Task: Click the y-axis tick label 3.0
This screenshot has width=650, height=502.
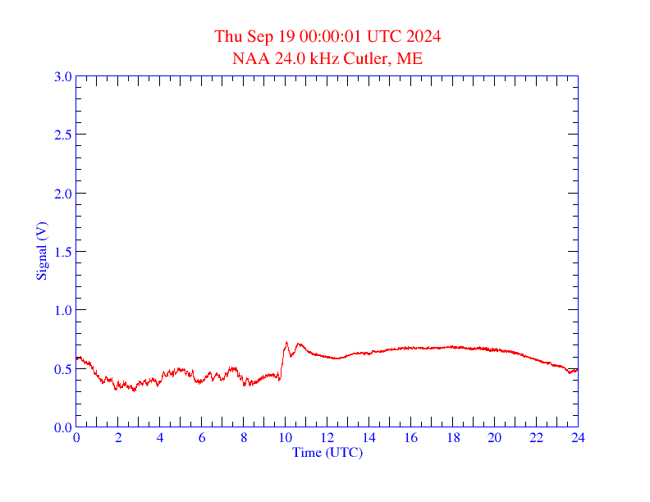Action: (62, 76)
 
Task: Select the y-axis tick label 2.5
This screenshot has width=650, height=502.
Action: (62, 135)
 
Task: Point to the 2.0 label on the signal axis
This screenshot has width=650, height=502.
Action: (62, 194)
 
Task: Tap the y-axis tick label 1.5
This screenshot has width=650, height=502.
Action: (62, 252)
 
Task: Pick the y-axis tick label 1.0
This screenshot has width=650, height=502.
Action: (62, 310)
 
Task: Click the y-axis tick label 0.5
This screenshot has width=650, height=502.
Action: (62, 369)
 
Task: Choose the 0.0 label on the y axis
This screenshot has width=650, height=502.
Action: (62, 427)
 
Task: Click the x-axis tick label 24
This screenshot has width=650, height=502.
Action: (578, 439)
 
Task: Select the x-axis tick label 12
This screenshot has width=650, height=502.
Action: (327, 439)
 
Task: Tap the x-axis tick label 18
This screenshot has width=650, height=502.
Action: (452, 439)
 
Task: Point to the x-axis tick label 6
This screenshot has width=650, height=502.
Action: (202, 439)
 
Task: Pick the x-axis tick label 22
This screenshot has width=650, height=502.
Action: (536, 439)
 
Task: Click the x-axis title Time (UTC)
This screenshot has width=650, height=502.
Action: (327, 452)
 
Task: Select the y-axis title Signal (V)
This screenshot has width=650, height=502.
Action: (40, 251)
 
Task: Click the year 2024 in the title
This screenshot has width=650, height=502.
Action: (423, 37)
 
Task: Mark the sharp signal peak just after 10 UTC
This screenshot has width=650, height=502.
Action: (286, 343)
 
